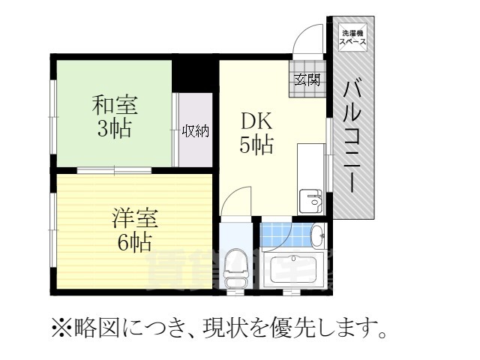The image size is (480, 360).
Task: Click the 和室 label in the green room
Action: pos(112,103)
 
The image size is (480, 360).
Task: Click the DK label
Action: pos(255,121)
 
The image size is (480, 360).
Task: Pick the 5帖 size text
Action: pos(256,145)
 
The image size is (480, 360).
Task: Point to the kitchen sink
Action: pos(310,200)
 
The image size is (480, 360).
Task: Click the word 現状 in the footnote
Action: pos(230,328)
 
